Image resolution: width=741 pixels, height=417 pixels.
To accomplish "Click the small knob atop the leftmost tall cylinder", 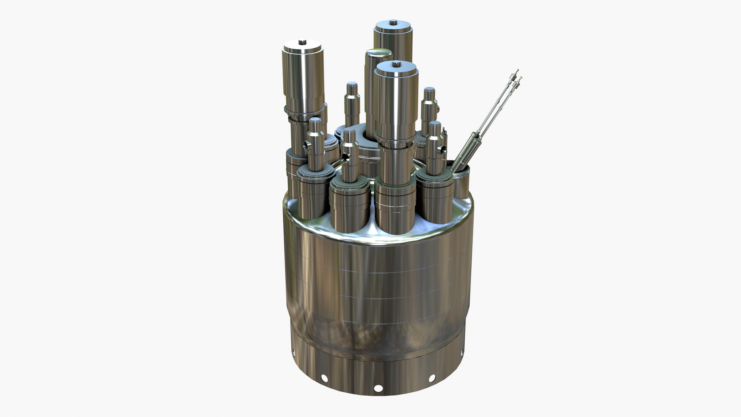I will click(x=302, y=42).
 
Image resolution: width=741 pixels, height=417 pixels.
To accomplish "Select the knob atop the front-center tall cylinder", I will click(x=396, y=64).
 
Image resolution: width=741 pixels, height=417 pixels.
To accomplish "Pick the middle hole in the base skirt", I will click(x=378, y=388).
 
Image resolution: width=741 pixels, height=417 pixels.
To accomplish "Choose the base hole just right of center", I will click(x=432, y=378).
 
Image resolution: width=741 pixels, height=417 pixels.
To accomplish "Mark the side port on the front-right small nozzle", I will click(x=442, y=149).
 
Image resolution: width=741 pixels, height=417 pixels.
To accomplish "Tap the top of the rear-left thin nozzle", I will click(x=352, y=85).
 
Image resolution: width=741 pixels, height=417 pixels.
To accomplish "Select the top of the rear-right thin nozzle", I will click(x=429, y=90).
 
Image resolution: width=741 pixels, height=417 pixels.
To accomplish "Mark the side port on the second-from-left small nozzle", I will click(x=343, y=157).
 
